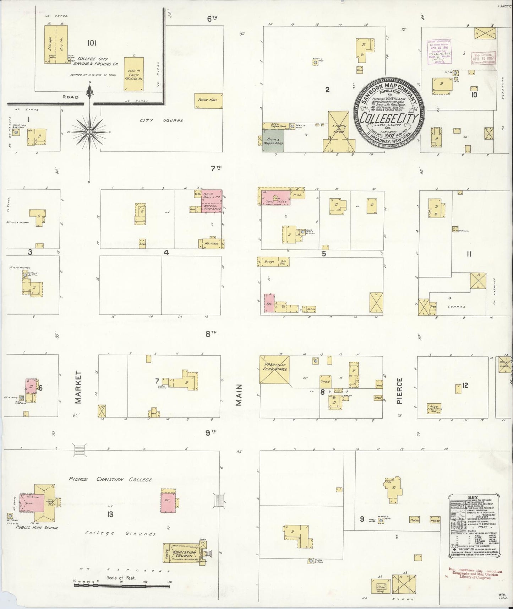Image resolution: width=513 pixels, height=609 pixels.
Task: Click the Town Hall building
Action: click(x=208, y=100)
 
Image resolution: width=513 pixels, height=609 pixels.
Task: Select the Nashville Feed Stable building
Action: click(x=275, y=369)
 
